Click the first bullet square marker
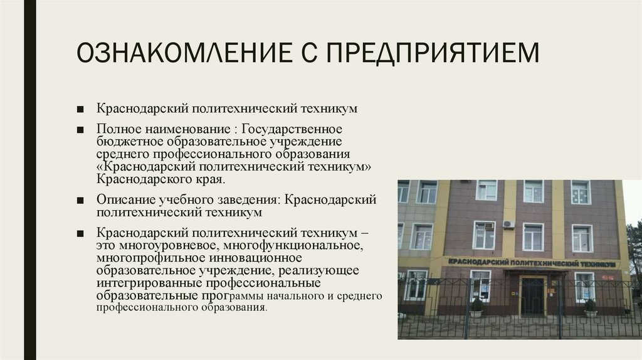(81, 109)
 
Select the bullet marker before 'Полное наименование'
(81, 129)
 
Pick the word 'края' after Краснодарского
(211, 179)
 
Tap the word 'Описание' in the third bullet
(122, 199)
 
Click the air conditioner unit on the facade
(508, 224)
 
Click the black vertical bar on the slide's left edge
(28, 180)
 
